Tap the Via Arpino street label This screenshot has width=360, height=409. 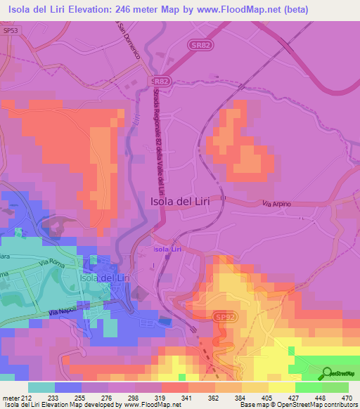pyautogui.click(x=276, y=204)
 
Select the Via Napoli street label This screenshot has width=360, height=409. pyautogui.click(x=64, y=312)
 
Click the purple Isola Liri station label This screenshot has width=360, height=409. pyautogui.click(x=171, y=249)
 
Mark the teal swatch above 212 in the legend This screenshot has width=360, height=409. pyautogui.click(x=41, y=387)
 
